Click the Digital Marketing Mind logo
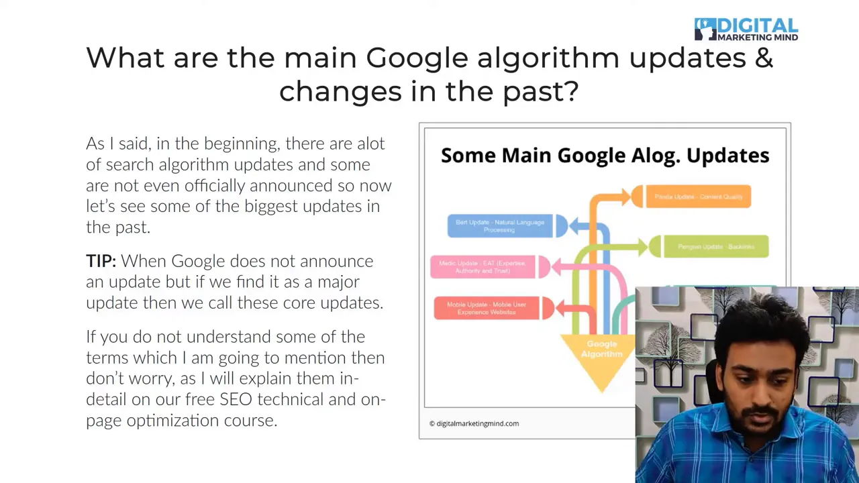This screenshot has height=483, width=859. tap(746, 30)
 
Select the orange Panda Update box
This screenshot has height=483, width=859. tap(698, 197)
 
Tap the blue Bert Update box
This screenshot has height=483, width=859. tap(500, 226)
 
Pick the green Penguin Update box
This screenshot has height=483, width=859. tap(715, 247)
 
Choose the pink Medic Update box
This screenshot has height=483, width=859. tap(483, 267)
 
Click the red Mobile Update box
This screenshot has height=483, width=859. tap(486, 308)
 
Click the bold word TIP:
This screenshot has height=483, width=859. tap(101, 261)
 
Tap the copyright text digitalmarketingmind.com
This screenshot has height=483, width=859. tap(474, 423)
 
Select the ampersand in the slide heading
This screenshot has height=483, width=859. tap(763, 58)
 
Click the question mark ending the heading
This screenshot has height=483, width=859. tap(572, 91)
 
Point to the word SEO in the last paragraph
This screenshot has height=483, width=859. tap(236, 399)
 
